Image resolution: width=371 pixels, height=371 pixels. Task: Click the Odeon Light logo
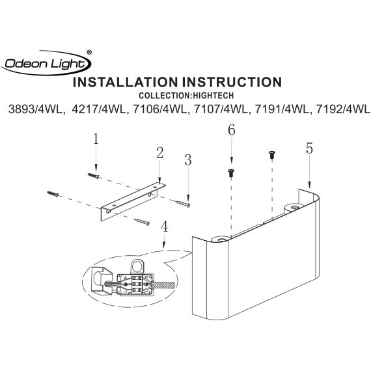46,63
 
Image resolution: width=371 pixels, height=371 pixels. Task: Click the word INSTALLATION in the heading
125,82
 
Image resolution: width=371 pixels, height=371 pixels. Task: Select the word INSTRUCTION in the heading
232,82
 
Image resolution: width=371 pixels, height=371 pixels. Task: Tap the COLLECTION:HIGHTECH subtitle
186,96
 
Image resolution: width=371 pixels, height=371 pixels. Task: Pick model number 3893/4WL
37,109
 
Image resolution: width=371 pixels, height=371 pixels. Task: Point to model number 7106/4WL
160,109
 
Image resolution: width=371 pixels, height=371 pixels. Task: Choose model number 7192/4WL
343,109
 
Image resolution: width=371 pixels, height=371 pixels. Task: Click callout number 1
96,139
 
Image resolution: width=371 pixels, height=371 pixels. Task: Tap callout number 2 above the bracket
159,153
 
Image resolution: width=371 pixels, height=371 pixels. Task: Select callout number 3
188,160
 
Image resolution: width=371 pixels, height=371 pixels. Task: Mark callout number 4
164,227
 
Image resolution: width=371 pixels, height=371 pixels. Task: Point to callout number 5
309,149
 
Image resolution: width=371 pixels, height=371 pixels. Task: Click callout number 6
232,130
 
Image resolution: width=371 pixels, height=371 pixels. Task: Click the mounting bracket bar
133,201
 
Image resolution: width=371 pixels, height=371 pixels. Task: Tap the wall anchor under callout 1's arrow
94,176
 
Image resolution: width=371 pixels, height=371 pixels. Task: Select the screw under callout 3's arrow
183,204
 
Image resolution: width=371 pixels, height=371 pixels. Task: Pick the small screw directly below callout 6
231,173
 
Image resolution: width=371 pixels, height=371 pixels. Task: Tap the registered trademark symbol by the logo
89,53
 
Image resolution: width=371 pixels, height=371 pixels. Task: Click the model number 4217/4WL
99,109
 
